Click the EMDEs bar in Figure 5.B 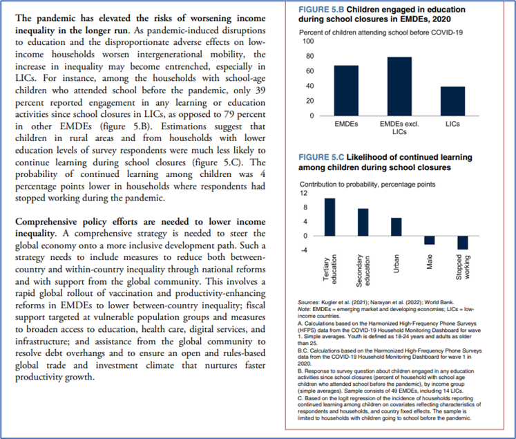click(345, 90)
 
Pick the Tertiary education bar click(329, 217)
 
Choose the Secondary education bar click(363, 222)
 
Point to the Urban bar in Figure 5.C click(396, 227)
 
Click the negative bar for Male click(429, 240)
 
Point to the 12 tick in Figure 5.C click(303, 193)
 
